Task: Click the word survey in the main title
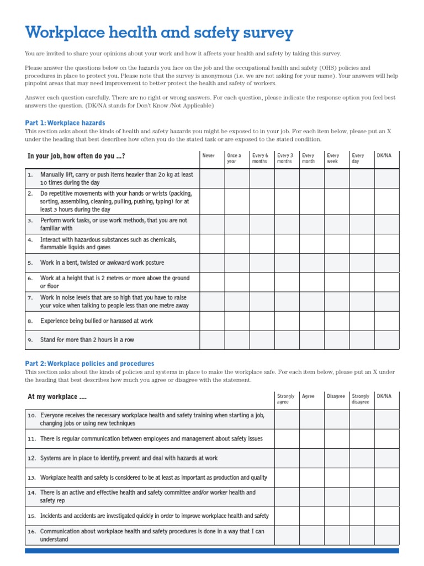(x=263, y=34)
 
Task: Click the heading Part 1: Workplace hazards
(x=65, y=123)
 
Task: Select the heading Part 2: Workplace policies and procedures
(x=90, y=364)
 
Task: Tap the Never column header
(x=209, y=156)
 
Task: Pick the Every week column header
(x=333, y=159)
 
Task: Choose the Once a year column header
(x=234, y=159)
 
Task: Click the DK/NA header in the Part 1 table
(x=384, y=156)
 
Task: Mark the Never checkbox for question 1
(x=212, y=179)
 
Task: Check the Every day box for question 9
(x=362, y=340)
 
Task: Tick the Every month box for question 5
(x=312, y=263)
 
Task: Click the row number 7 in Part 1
(x=30, y=298)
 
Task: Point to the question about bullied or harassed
(x=97, y=321)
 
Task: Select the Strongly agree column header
(x=285, y=399)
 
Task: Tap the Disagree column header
(x=336, y=396)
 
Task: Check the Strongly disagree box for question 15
(x=362, y=516)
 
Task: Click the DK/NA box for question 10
(x=386, y=420)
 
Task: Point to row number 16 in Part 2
(x=31, y=532)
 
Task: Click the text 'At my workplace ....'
(x=57, y=397)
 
